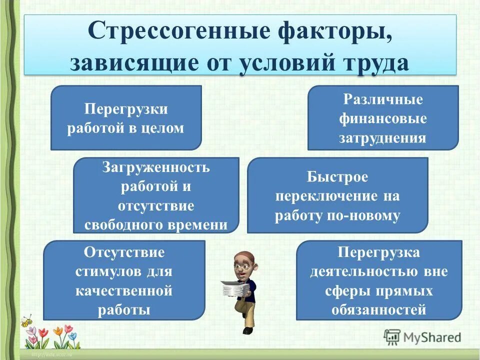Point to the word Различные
tap(382, 99)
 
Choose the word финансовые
tap(382, 118)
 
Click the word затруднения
tap(382, 137)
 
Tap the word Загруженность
tap(155, 167)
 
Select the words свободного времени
tap(155, 224)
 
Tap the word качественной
tap(124, 290)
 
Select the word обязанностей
tap(378, 309)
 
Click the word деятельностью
tap(363, 271)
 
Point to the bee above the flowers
tap(26, 319)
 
